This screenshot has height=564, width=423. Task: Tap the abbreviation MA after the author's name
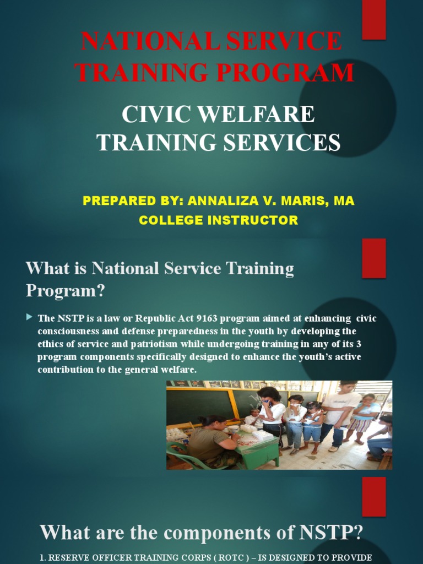click(x=344, y=201)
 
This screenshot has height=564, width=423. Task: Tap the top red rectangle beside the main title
click(x=373, y=19)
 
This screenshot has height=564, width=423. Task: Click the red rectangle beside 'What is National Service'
click(x=373, y=257)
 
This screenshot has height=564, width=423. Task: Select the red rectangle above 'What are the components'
click(x=373, y=496)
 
